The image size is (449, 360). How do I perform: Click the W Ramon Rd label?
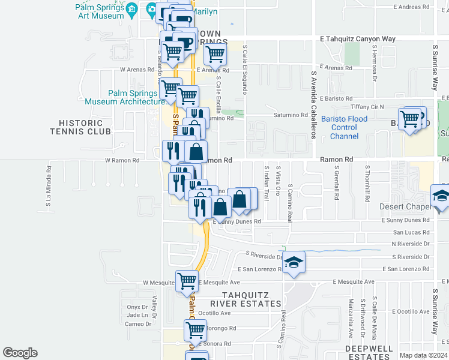coord(122,160)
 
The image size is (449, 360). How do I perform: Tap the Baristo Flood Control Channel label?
coord(344,128)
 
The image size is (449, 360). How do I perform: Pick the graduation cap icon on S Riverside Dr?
coord(294,262)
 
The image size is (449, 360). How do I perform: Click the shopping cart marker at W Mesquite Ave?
coord(187,280)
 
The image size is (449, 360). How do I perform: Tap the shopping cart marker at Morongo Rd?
coord(195,329)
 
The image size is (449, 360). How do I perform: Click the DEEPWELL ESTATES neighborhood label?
coord(369,352)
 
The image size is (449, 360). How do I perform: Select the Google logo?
coord(20,353)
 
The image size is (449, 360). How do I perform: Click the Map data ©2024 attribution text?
coord(423,355)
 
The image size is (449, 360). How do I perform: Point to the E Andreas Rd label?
coord(411,7)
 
